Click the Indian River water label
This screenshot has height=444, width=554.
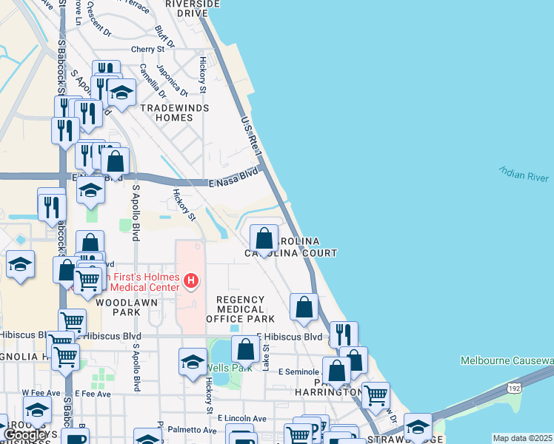point(524,174)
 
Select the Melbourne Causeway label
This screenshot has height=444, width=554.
point(507,360)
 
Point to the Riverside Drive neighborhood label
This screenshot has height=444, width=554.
point(193,8)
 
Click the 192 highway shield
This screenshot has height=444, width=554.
point(514,387)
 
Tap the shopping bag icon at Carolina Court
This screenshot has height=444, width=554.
point(264,238)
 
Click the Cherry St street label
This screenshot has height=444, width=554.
point(147,49)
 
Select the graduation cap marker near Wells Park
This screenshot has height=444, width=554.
point(193,362)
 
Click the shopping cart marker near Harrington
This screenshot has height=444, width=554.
point(376,394)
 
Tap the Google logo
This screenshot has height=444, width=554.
point(26,435)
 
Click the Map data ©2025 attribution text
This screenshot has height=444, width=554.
point(521,438)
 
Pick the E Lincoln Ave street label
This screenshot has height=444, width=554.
point(241,418)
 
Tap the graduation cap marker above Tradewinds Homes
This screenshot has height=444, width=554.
point(121,92)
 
